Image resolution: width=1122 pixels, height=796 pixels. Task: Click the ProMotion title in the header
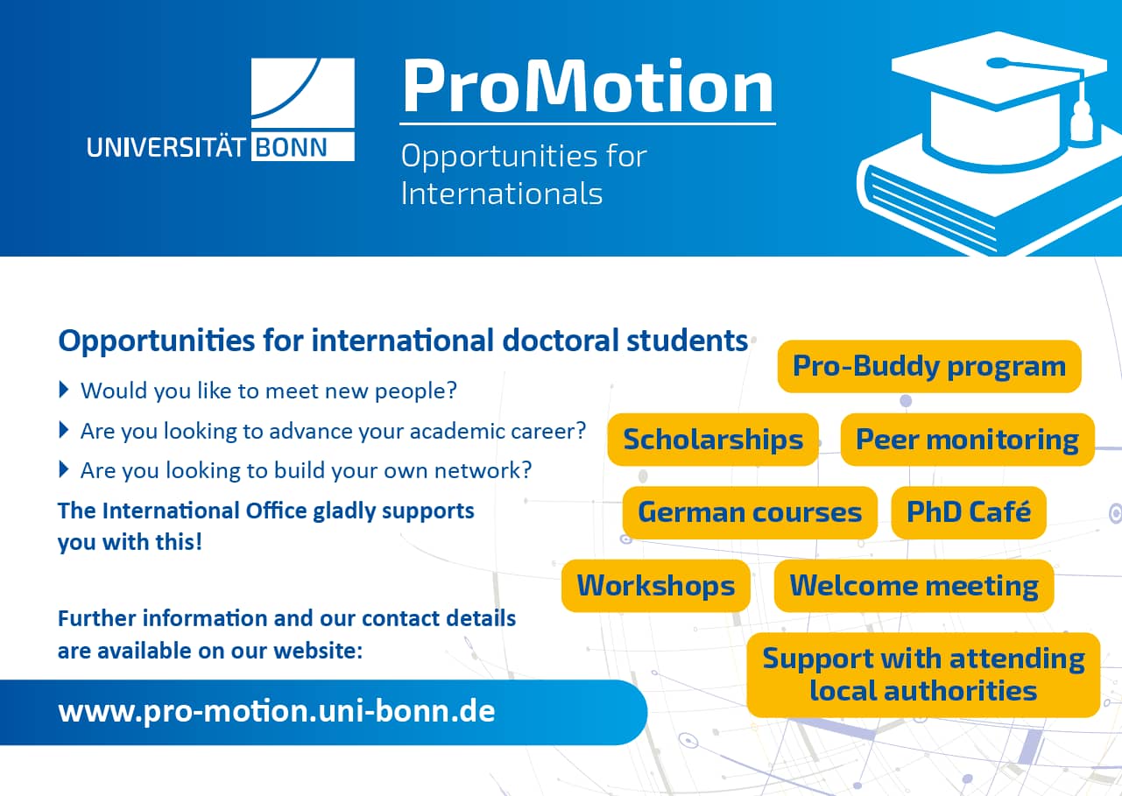tap(588, 86)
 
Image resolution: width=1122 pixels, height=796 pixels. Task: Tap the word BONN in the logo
tap(291, 148)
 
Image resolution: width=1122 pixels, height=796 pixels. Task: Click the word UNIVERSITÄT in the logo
tap(166, 148)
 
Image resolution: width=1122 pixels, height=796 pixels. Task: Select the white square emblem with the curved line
tap(302, 93)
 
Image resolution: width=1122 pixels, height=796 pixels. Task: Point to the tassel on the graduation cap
tap(1081, 120)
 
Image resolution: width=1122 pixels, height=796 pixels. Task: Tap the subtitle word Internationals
tap(501, 194)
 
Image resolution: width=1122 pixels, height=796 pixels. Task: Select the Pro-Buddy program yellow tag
tap(929, 366)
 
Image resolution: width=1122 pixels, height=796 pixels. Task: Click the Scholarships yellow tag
tap(713, 440)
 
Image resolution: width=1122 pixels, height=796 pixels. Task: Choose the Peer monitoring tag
tap(967, 440)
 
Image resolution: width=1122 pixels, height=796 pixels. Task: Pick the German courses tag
tap(750, 512)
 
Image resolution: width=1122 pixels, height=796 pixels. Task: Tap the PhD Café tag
tap(969, 512)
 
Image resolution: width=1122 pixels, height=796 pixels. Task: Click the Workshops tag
tap(656, 585)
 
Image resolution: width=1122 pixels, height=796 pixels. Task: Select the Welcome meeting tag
tap(914, 585)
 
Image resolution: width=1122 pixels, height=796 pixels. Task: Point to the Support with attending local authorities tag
tap(923, 675)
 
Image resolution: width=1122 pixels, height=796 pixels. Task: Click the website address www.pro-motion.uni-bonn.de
tap(277, 711)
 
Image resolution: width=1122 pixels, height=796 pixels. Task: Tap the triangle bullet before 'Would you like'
tap(64, 390)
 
